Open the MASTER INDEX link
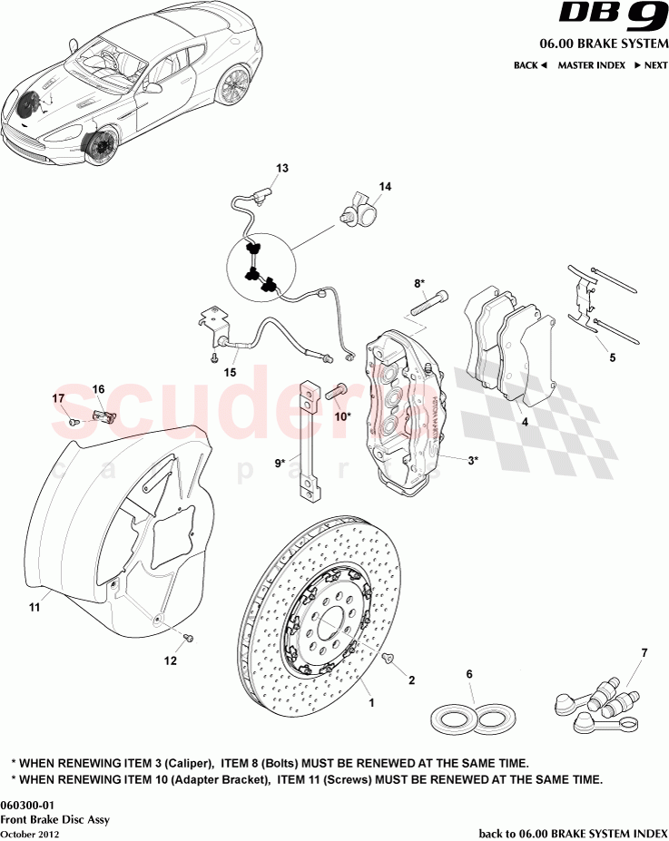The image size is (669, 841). coord(591,65)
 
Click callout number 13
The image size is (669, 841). coord(282,169)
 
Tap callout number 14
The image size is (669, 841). coord(385,187)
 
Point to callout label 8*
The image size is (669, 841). coord(419,283)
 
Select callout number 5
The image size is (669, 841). coord(612,357)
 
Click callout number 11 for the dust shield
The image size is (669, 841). coord(34,608)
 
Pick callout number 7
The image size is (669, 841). coord(644,653)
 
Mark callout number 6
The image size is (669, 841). coord(469,674)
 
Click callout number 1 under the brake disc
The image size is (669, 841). coord(369,701)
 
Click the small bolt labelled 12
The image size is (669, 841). coord(189,640)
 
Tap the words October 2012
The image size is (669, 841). coord(30,833)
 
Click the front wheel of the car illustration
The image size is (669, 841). coord(98,148)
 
